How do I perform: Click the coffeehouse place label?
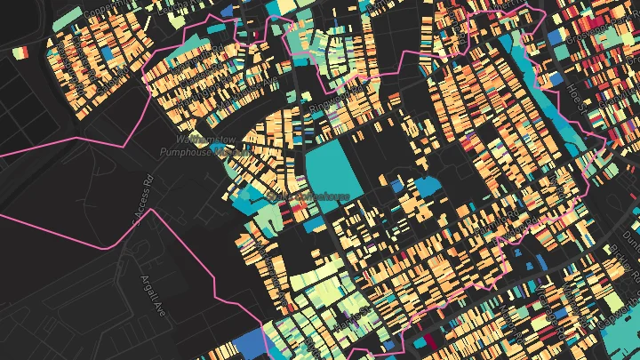coord(306,196)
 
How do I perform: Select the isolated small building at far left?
coord(20,52)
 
